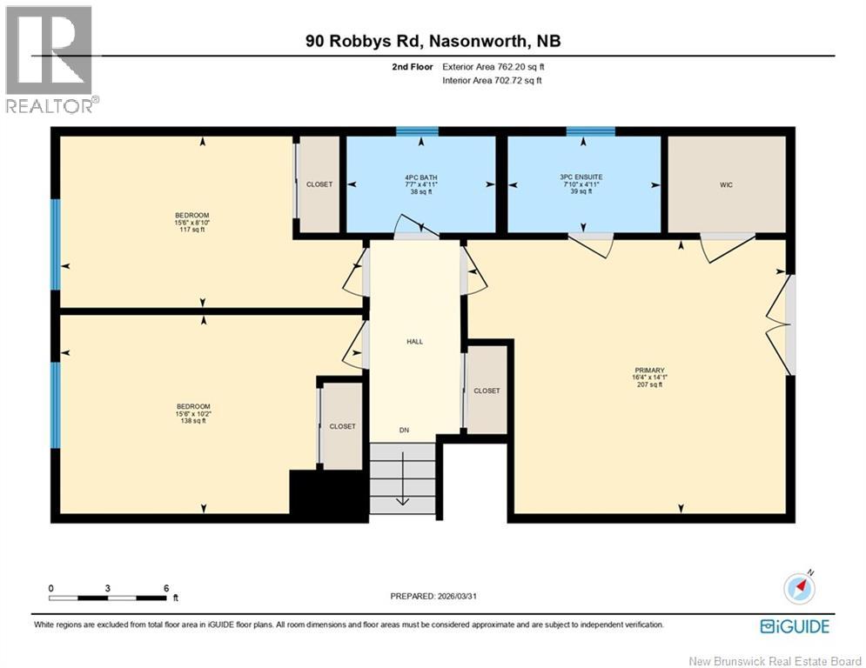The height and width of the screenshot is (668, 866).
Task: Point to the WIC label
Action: [726, 184]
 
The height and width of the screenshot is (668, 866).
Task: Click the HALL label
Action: [415, 342]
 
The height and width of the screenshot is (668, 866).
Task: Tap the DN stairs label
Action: [404, 430]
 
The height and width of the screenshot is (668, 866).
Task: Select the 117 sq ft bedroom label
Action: [193, 223]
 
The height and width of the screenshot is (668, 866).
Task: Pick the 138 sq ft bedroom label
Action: [193, 413]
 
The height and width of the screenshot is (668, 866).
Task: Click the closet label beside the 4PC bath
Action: [319, 184]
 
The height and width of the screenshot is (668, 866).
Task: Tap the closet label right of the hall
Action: [487, 391]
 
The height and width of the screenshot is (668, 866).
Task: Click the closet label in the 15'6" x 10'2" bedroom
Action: [342, 426]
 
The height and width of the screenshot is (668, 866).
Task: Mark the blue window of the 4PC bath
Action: [417, 132]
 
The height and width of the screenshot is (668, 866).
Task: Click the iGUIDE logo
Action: [795, 626]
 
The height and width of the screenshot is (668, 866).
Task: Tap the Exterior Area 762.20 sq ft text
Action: [493, 67]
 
